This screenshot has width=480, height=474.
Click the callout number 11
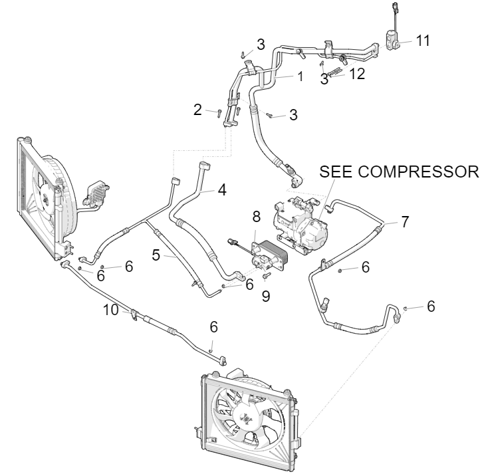[x=423, y=41]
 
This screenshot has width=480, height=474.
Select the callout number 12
[x=357, y=74]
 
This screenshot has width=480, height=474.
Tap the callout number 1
[x=300, y=76]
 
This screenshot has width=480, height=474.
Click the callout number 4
[x=222, y=189]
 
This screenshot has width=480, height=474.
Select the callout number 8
[x=256, y=216]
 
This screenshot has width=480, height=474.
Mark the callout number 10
[x=110, y=308]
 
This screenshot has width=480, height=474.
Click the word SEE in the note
[x=334, y=171]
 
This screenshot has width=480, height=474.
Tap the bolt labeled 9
[x=265, y=275]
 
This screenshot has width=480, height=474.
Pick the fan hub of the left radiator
[x=45, y=193]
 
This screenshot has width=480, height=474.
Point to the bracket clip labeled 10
[x=135, y=312]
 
